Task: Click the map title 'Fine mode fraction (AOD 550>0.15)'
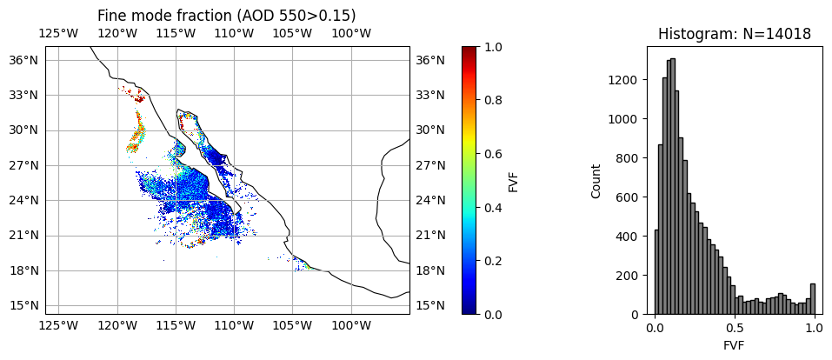(226, 16)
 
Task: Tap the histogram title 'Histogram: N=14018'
(734, 35)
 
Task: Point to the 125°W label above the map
(58, 34)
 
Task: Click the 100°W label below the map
(351, 326)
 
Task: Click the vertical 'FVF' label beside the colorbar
(514, 181)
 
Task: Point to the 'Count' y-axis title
(596, 181)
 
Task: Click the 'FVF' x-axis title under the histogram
(734, 345)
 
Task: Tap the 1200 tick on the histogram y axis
(624, 79)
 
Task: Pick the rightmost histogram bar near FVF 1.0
(812, 298)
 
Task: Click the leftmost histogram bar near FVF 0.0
(656, 271)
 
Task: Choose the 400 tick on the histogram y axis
(628, 236)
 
